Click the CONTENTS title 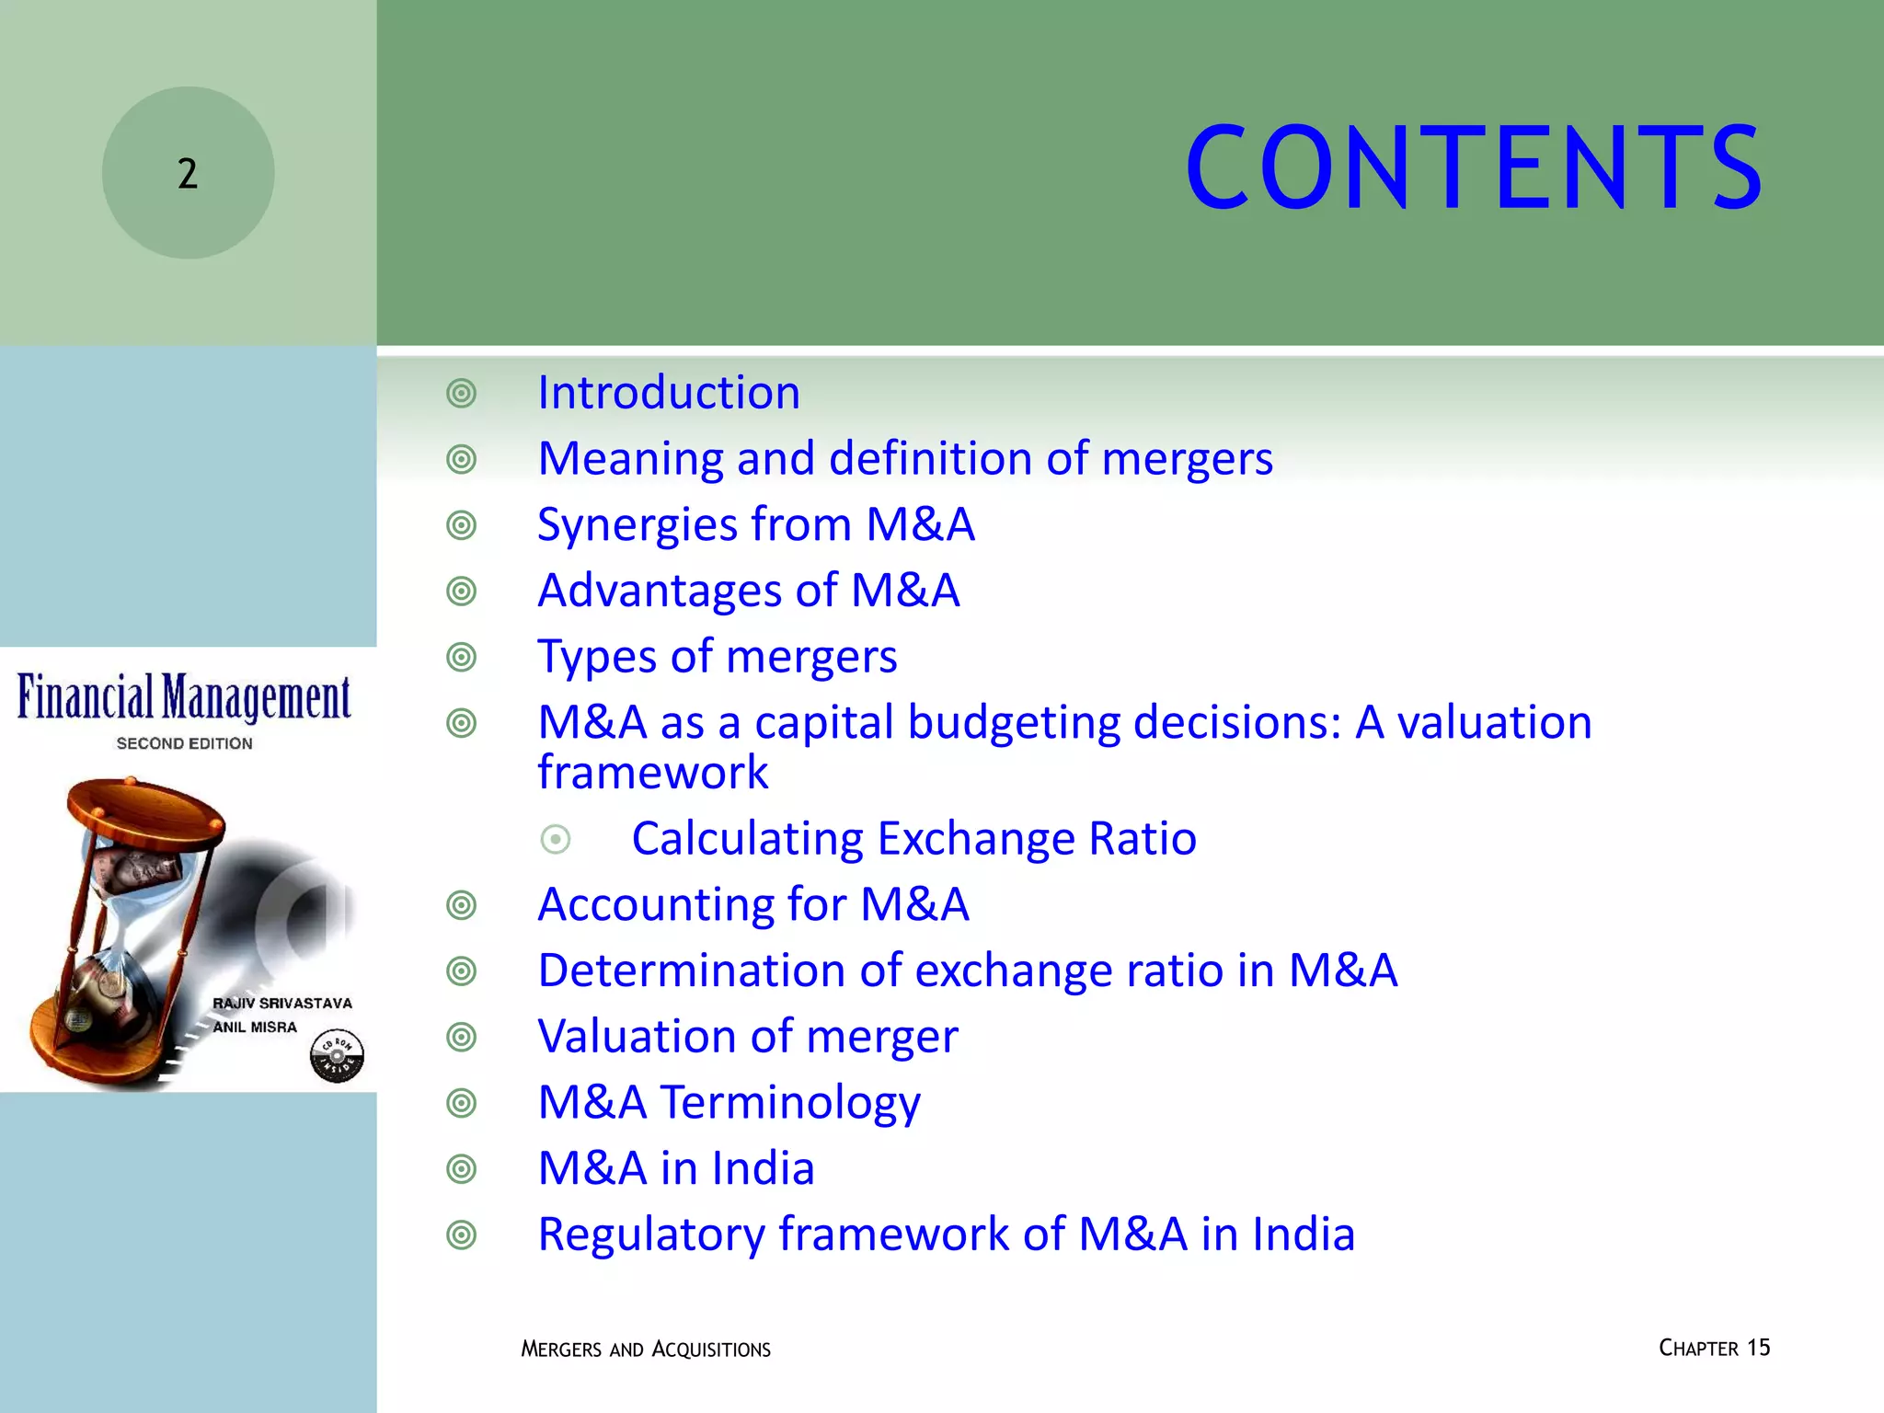(x=1474, y=169)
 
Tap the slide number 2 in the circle (x=188, y=174)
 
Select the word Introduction (x=669, y=393)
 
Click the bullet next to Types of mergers (x=461, y=657)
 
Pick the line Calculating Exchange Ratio (x=913, y=839)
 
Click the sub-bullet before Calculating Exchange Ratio (x=556, y=839)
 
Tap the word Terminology (x=790, y=1103)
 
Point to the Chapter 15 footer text (x=1714, y=1349)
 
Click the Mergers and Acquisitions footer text (x=646, y=1350)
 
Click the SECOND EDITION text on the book (x=184, y=743)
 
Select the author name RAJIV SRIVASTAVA (x=282, y=1004)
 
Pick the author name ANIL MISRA (x=255, y=1028)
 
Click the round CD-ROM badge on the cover (x=337, y=1055)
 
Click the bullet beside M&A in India (x=461, y=1169)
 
